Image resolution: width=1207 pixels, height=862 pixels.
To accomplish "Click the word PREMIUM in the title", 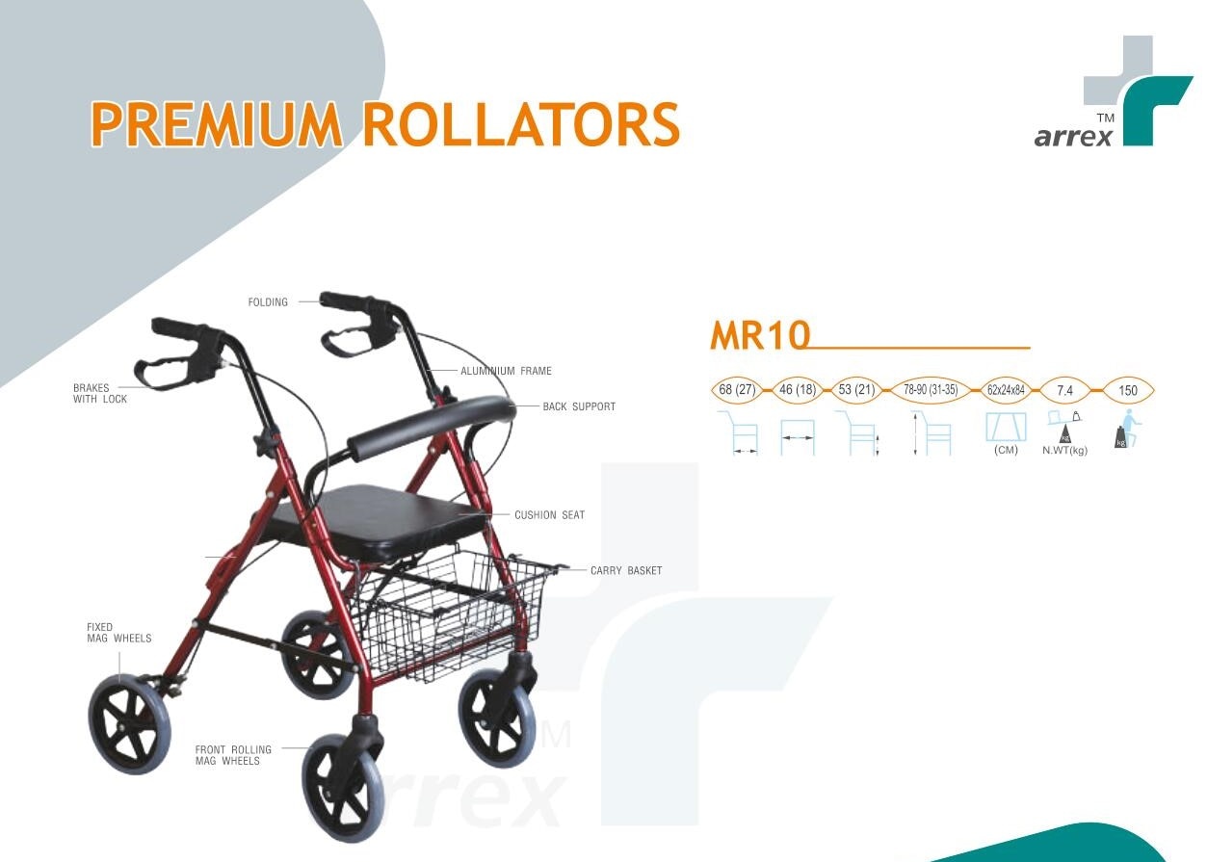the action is (216, 124).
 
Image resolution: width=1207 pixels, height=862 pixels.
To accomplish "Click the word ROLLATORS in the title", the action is (521, 124).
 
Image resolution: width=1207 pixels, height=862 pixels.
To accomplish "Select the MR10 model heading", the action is (760, 335).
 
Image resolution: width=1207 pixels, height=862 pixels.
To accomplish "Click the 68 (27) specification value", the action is (737, 389).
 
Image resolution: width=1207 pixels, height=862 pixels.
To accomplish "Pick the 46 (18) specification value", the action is (798, 389).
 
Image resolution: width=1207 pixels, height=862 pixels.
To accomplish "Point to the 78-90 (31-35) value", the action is (931, 389).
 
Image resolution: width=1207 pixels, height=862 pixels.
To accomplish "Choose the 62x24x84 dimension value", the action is (1006, 390).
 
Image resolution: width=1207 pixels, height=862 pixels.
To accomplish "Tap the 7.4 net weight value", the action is (1064, 390).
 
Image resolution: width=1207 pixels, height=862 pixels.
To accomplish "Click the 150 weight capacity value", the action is (1128, 390).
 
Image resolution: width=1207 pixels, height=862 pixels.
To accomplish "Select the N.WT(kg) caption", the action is (1064, 451).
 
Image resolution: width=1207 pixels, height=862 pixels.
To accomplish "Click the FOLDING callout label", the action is (268, 302).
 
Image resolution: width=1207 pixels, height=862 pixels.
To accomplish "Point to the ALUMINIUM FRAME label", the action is (506, 371).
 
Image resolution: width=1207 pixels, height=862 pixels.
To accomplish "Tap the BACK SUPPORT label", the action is (579, 406).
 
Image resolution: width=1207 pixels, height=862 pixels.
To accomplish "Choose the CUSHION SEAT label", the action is (550, 515).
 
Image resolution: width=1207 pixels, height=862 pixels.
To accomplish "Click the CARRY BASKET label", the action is (626, 570).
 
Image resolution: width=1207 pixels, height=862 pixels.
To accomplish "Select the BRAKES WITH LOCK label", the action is (100, 393).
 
